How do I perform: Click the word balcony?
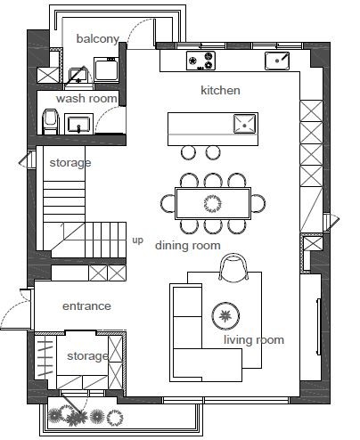98,39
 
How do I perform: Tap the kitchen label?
220,90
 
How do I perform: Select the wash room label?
86,98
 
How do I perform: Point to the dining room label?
188,246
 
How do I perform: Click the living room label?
254,339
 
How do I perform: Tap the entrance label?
86,306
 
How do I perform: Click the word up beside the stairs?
137,240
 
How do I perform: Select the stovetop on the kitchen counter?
200,61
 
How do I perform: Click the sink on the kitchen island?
244,124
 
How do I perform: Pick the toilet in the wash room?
50,122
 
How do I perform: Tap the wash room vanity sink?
78,124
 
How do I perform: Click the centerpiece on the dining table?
213,203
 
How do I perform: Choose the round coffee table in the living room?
225,315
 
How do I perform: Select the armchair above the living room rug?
233,267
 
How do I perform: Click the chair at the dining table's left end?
168,203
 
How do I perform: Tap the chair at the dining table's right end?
258,203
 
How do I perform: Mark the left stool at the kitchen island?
188,152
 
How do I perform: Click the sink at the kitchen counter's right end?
277,61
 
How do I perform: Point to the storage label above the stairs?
70,163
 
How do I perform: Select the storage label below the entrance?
87,356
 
